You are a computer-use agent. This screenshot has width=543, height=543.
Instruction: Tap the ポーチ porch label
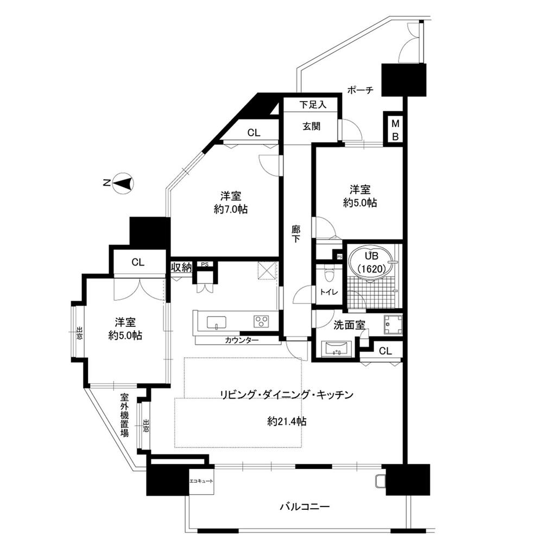pyautogui.click(x=360, y=90)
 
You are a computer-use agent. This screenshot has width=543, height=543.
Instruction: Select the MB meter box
pyautogui.click(x=395, y=130)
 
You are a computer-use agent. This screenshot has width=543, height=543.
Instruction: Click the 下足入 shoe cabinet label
pyautogui.click(x=313, y=104)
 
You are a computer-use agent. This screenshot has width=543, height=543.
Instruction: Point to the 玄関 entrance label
pyautogui.click(x=311, y=127)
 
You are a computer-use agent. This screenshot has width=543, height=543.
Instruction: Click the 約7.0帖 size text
pyautogui.click(x=230, y=209)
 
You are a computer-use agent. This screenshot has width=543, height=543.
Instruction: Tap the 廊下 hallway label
pyautogui.click(x=295, y=233)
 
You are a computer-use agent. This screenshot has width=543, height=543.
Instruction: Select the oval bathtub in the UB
pyautogui.click(x=371, y=263)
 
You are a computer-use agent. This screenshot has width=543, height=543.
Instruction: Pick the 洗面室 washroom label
pyautogui.click(x=349, y=325)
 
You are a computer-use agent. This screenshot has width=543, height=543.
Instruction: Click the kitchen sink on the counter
pyautogui.click(x=217, y=322)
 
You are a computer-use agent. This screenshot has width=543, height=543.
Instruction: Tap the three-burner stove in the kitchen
pyautogui.click(x=262, y=321)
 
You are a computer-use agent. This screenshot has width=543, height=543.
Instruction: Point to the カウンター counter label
pyautogui.click(x=242, y=340)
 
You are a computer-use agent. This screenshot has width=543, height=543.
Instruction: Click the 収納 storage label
pyautogui.click(x=181, y=267)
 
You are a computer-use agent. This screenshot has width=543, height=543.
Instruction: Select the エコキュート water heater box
pyautogui.click(x=201, y=481)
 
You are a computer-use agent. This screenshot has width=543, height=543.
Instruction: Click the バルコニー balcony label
pyautogui.click(x=305, y=507)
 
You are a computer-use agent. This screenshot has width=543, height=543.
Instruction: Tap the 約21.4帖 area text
pyautogui.click(x=287, y=421)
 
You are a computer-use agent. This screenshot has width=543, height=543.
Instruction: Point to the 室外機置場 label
pyautogui.click(x=124, y=414)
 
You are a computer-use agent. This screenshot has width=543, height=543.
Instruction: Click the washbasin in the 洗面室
pyautogui.click(x=337, y=349)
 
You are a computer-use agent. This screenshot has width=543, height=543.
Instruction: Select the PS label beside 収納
pyautogui.click(x=205, y=264)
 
